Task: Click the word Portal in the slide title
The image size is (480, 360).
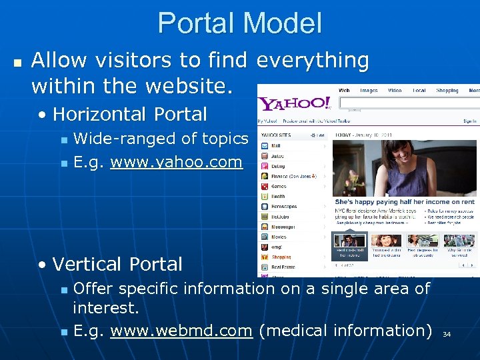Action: coord(197,23)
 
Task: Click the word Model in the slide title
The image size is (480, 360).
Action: coord(283,23)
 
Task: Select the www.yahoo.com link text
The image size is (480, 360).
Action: coord(176,161)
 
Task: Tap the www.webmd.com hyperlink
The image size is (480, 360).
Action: coord(181,331)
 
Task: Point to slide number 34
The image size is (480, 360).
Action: coord(447,334)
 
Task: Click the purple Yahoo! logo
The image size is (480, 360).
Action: coord(295,103)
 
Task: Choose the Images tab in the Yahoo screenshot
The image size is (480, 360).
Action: coord(368,91)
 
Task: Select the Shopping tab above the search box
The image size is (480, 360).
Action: coord(447,91)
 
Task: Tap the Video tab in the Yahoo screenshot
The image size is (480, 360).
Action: coord(395,91)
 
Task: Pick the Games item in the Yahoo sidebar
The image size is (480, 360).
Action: coord(279,186)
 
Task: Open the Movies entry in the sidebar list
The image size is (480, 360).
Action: coord(279,237)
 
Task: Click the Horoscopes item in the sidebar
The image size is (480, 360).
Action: coord(284,206)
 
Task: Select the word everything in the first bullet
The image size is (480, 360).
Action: coord(313,61)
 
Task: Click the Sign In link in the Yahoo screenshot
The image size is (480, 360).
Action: coord(469,121)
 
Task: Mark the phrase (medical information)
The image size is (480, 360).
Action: coord(345,331)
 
